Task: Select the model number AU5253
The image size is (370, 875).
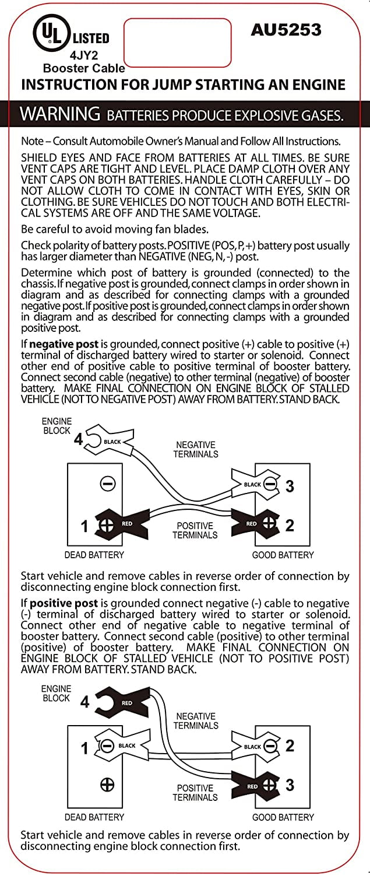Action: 286,30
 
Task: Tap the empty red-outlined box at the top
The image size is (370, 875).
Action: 177,43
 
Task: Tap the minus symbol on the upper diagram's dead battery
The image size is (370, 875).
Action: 108,483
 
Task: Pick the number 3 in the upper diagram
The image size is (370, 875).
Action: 290,486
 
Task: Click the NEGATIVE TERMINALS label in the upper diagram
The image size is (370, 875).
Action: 196,449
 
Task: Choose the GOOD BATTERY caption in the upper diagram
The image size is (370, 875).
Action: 283,555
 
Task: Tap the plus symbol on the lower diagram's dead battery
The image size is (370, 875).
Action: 107,785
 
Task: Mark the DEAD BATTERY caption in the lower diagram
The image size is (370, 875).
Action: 94,817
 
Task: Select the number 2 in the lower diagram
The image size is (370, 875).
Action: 290,745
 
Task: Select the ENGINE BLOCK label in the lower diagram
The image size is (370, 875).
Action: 56,693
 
